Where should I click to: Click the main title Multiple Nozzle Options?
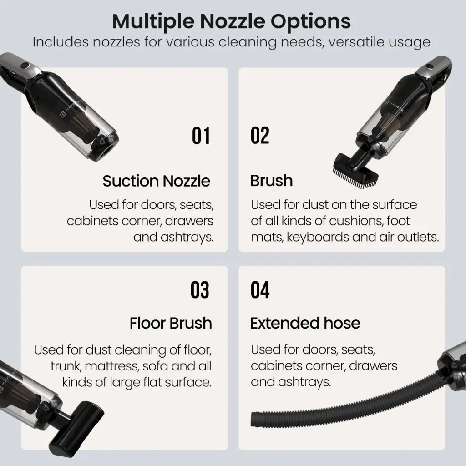pos(232,22)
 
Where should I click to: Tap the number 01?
pos(201,136)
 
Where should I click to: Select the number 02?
pos(260,135)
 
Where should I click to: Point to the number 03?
pos(200,290)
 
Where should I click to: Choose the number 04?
pos(260,290)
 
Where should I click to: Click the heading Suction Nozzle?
pos(157,181)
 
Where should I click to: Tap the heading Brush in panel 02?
pos(271,181)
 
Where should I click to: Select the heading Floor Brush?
pos(171,323)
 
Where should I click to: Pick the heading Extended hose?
pos(305,323)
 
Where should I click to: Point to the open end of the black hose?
pos(254,419)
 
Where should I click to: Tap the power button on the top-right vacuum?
pos(429,66)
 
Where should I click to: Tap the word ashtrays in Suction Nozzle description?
pos(187,238)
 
